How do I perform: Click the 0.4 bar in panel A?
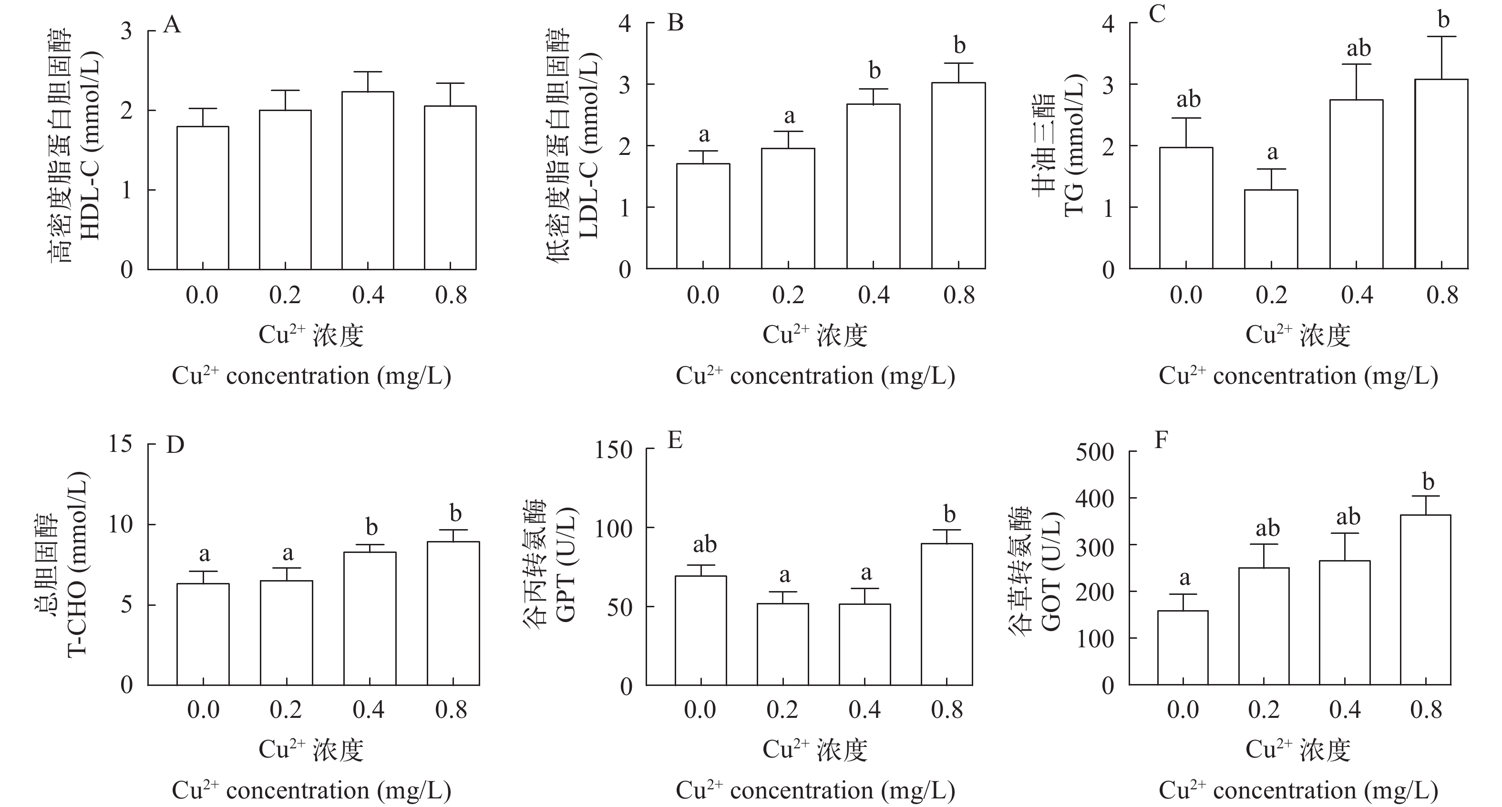[x=367, y=181]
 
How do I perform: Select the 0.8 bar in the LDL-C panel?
[x=958, y=175]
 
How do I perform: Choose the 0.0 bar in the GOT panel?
[x=1183, y=647]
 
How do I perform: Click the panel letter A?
[x=172, y=26]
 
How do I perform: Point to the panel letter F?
[x=1162, y=441]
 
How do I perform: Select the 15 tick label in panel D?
[x=120, y=445]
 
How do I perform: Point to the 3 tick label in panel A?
[x=126, y=31]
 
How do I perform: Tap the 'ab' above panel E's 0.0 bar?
[x=704, y=545]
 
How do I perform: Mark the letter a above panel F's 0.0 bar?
[x=1185, y=578]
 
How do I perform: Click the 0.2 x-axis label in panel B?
[x=788, y=296]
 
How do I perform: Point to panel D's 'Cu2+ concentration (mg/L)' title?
[x=311, y=791]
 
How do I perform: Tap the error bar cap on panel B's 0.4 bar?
[x=873, y=89]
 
